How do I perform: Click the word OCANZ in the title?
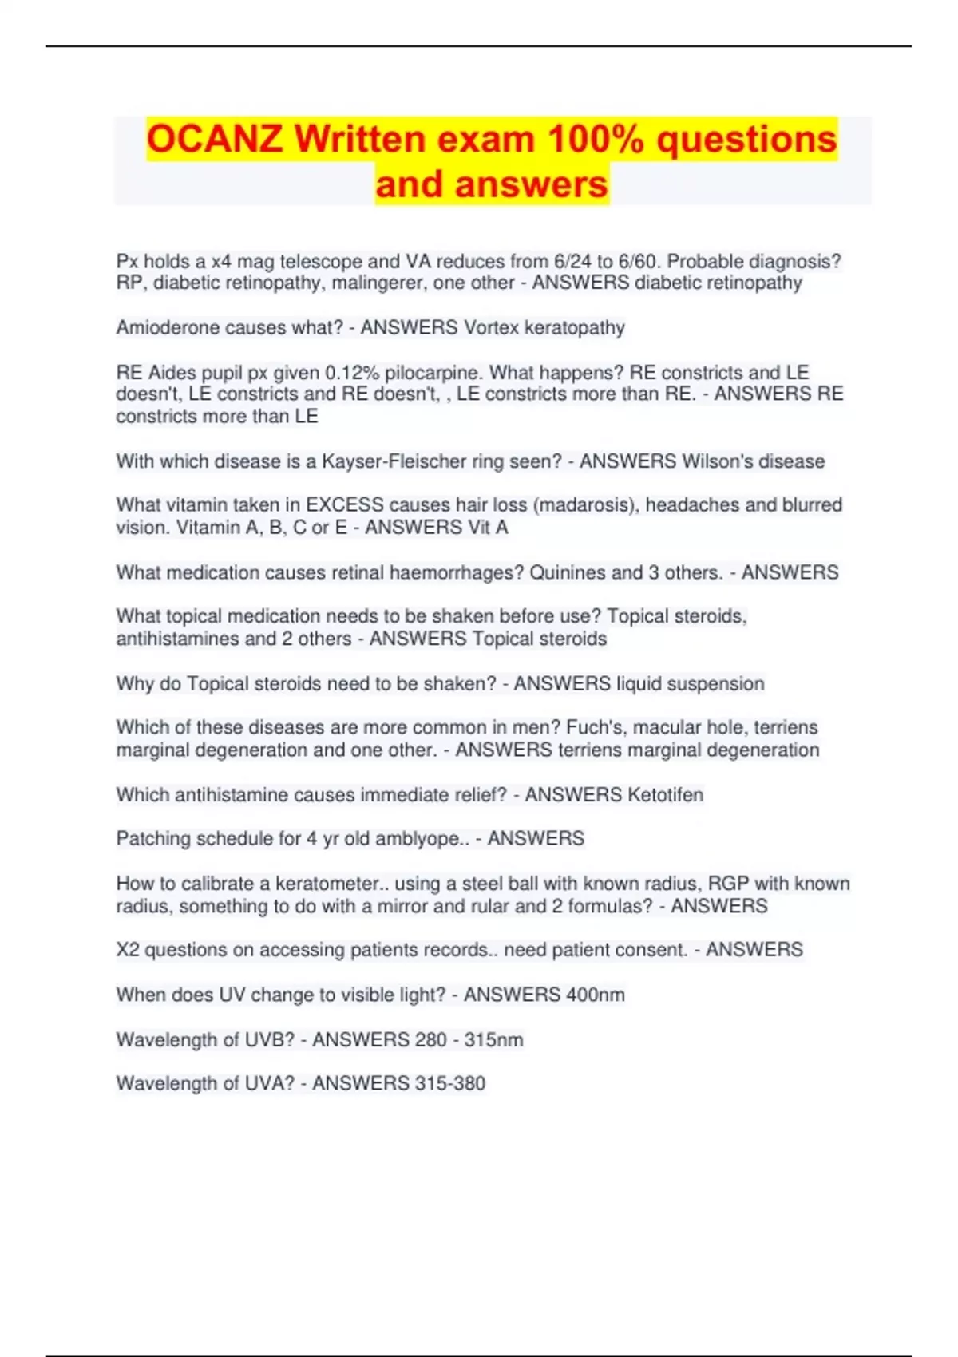214,139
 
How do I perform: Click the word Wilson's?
715,461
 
